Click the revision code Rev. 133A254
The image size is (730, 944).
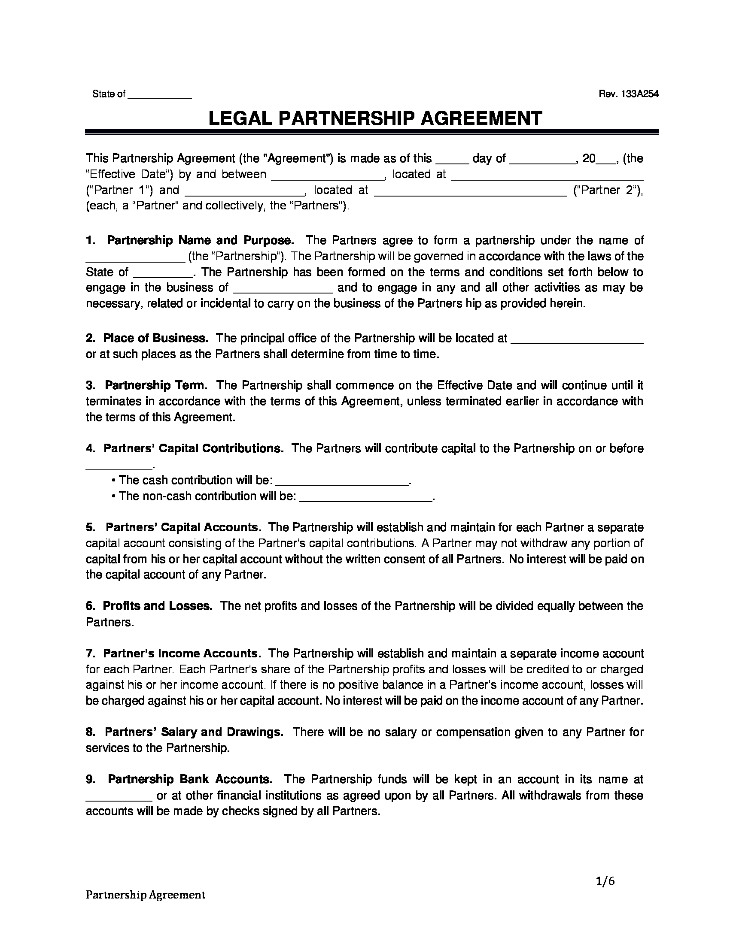coord(628,94)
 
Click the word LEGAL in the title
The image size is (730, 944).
coord(240,118)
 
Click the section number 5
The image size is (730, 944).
coord(90,527)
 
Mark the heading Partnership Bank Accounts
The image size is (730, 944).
coord(190,779)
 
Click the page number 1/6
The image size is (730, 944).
coord(605,881)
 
